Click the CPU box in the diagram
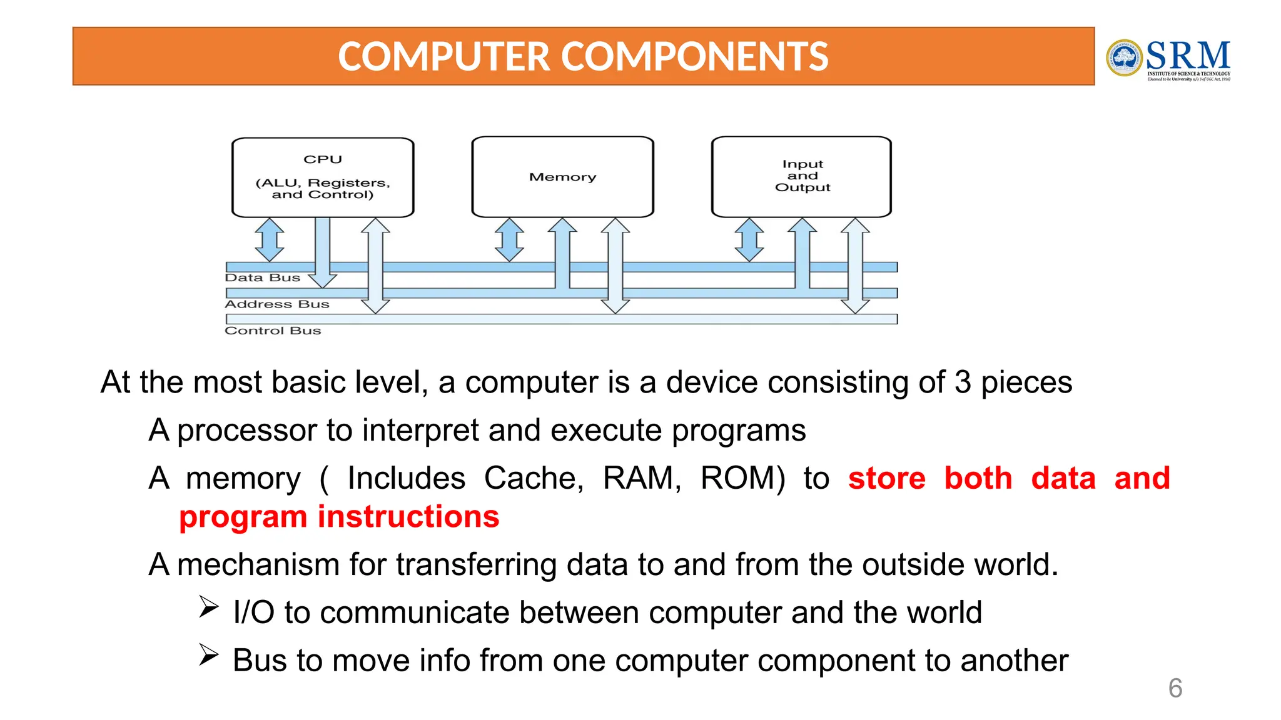323,177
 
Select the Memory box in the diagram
562,177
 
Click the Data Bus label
262,278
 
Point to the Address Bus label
276,304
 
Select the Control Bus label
273,331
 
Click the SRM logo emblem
1124,58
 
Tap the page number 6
1175,688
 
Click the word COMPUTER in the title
443,57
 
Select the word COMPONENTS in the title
694,57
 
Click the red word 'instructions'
408,517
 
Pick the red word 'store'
886,479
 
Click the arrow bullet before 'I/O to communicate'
208,607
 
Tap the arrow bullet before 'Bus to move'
208,655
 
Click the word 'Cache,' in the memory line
534,479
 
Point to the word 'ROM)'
742,479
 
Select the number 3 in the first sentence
963,382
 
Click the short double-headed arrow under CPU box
270,239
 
